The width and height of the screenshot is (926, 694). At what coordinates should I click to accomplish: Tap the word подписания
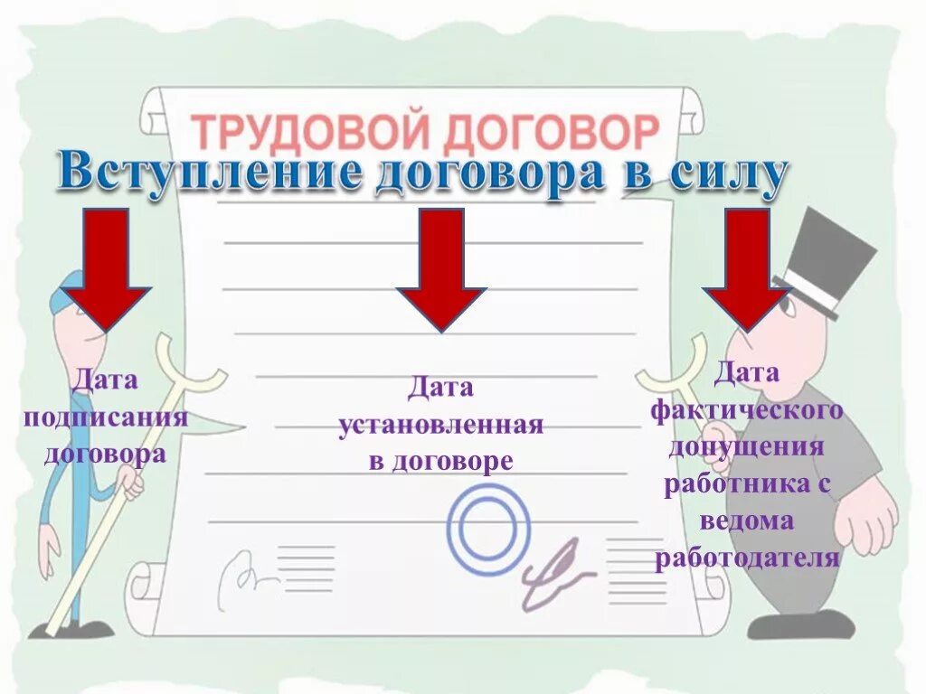click(x=106, y=417)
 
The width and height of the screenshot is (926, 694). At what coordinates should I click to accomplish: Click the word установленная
click(x=440, y=426)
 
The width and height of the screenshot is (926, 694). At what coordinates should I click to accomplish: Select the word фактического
click(x=747, y=410)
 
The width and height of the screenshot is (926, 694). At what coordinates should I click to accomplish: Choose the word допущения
click(x=747, y=447)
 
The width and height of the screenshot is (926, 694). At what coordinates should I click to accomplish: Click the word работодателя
click(x=747, y=558)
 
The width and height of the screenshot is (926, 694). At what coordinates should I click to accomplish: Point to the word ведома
click(x=747, y=521)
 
